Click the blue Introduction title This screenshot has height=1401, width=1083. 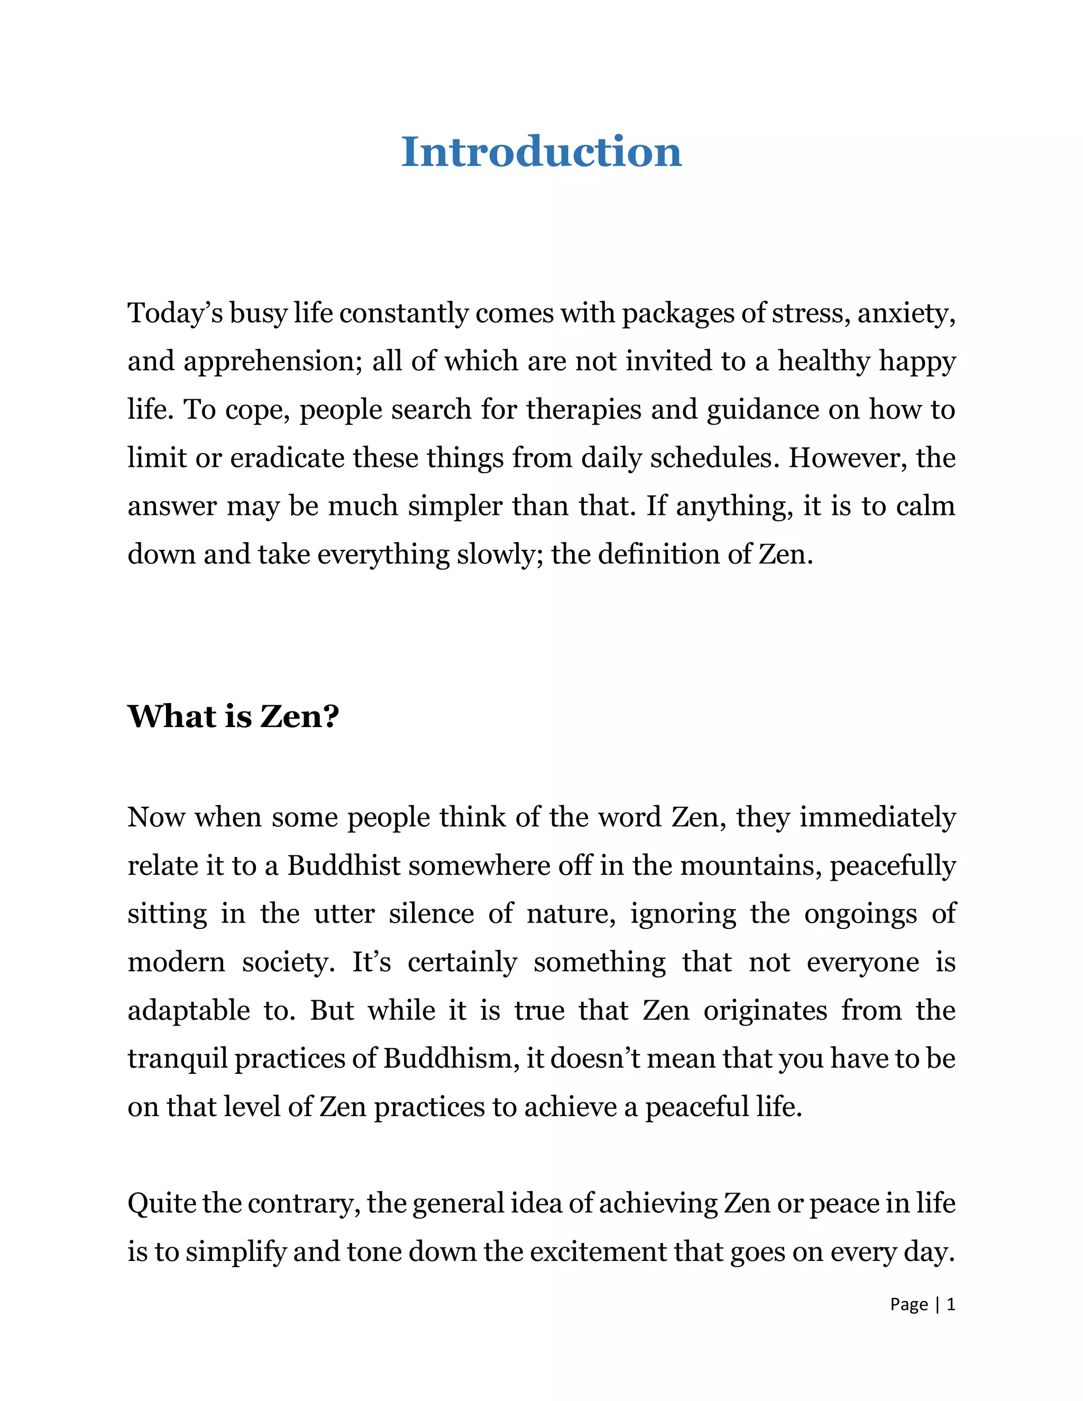tap(541, 153)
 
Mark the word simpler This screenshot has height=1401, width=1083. tap(455, 506)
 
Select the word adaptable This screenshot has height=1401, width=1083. tap(188, 1011)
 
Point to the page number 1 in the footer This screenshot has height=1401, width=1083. tap(951, 1305)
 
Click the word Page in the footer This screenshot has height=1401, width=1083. tap(908, 1305)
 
